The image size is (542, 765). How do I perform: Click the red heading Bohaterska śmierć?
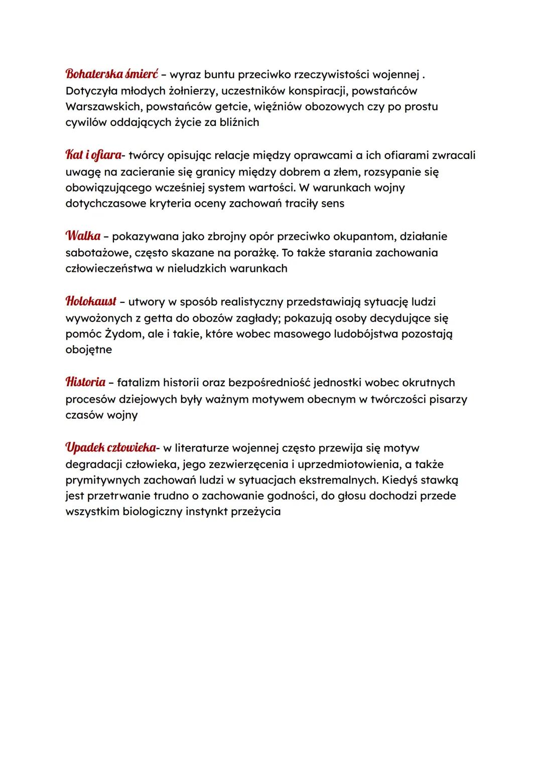(x=111, y=74)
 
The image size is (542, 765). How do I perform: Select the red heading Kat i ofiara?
(x=93, y=155)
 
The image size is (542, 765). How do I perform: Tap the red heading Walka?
(x=83, y=236)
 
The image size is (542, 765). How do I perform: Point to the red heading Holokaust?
(x=91, y=301)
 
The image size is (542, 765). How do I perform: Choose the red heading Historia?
(x=85, y=382)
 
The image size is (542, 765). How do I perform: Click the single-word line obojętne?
(x=89, y=350)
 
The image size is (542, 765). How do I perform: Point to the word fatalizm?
(x=138, y=383)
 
